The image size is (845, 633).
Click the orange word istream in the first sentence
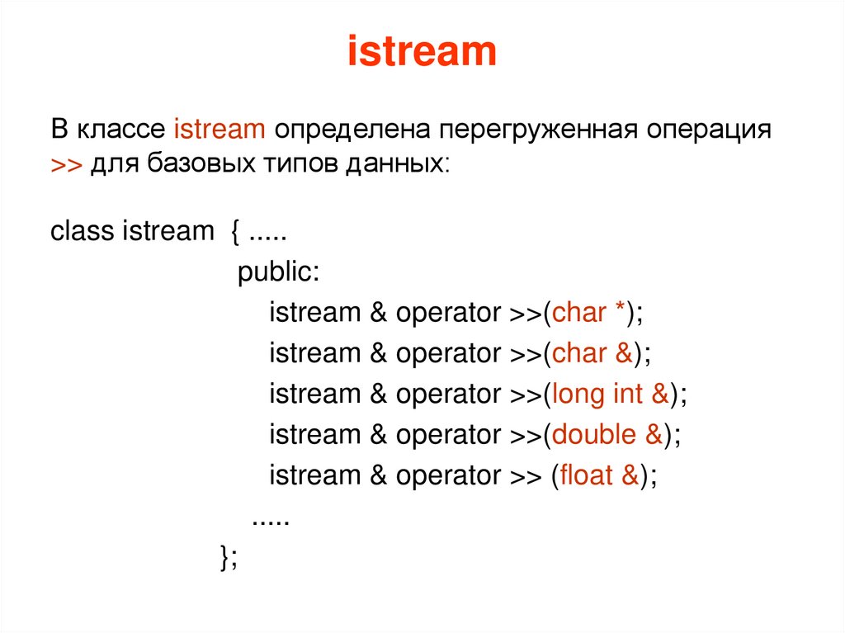point(220,130)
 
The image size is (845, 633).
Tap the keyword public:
point(278,272)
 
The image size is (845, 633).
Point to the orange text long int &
point(611,394)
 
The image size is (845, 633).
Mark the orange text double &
point(607,435)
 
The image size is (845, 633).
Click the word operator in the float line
point(448,476)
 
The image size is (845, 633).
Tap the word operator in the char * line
point(448,313)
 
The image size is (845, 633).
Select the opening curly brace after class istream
point(235,232)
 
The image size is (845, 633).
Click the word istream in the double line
point(315,435)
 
